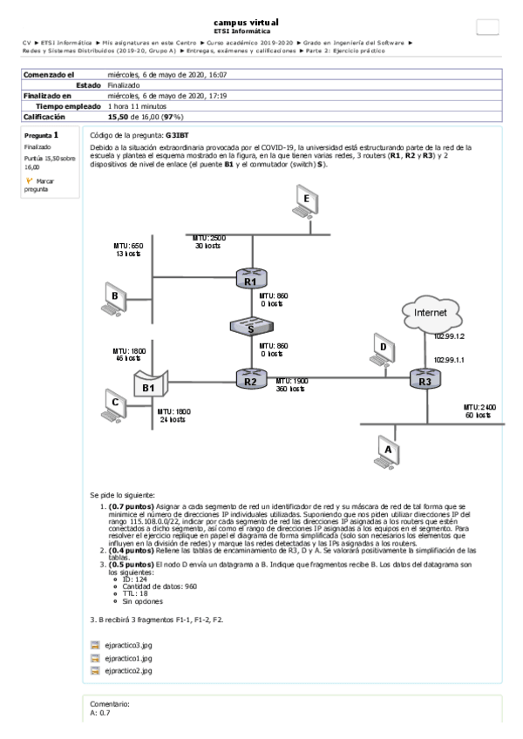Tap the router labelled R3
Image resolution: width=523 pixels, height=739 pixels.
point(425,379)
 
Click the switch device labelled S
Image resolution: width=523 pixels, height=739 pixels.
point(250,328)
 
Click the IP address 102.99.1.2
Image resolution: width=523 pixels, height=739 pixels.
point(449,336)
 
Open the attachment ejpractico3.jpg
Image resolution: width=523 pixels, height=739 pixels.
point(127,646)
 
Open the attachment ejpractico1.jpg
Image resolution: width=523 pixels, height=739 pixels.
point(127,659)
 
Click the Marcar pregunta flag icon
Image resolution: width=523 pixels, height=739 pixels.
point(29,180)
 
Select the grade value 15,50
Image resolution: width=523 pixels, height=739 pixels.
point(118,115)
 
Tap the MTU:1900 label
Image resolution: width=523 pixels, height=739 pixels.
point(293,381)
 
